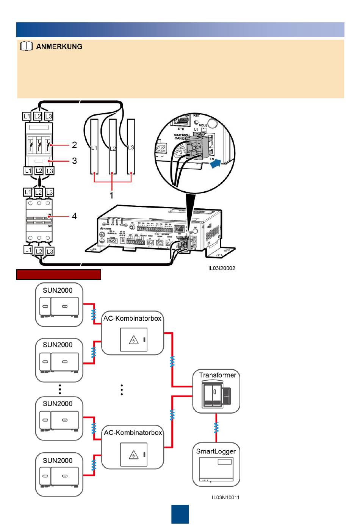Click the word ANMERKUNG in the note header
(x=59, y=47)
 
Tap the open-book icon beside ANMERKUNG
(x=26, y=47)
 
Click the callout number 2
(x=75, y=145)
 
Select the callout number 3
(x=75, y=161)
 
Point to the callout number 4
(x=74, y=216)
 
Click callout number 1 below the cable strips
(x=111, y=195)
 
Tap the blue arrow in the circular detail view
(x=215, y=164)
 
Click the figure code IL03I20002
(x=222, y=268)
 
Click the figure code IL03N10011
(x=225, y=497)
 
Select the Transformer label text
(x=218, y=375)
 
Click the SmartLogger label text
(x=216, y=451)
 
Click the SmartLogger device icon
(x=216, y=470)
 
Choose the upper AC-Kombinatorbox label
(x=133, y=319)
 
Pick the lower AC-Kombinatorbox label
(x=133, y=433)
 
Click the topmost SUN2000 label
(x=58, y=291)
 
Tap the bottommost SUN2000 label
(x=58, y=461)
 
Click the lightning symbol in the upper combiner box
(x=134, y=340)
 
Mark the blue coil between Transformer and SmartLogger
(x=216, y=428)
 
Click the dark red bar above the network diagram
(x=59, y=275)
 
